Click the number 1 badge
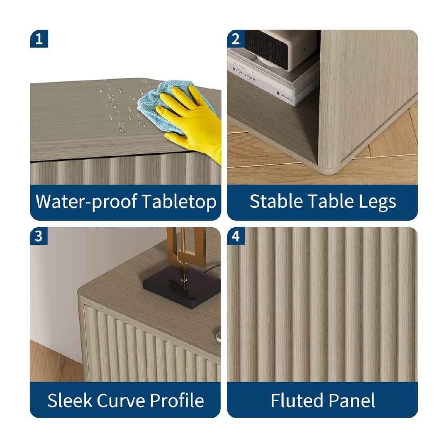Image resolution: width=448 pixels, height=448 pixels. tap(39, 39)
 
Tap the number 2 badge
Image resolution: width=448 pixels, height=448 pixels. tap(236, 39)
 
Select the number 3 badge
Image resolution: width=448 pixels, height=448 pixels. tap(39, 236)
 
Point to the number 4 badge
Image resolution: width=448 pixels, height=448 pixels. tap(236, 236)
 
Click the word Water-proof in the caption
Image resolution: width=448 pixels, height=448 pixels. tap(86, 202)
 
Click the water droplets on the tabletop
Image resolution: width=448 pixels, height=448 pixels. tap(118, 108)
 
